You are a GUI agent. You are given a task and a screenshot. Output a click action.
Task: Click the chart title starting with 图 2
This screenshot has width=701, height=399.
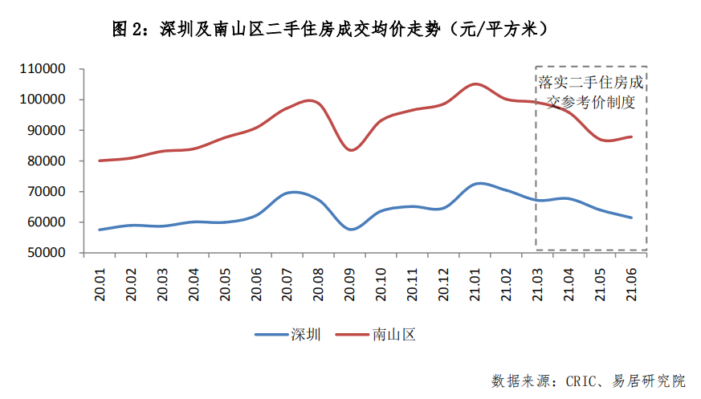pyautogui.click(x=330, y=29)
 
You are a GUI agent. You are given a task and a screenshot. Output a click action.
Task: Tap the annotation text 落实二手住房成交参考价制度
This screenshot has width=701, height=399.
pyautogui.click(x=591, y=92)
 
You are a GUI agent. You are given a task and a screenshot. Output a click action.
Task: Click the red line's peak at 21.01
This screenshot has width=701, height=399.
pyautogui.click(x=476, y=83)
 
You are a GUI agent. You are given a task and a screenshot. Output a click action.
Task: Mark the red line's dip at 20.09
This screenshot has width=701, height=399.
pyautogui.click(x=351, y=150)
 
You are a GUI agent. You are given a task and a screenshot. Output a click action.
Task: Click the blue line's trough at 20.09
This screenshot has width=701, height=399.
pyautogui.click(x=351, y=230)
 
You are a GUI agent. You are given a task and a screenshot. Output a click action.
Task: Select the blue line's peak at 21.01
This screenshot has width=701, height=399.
pyautogui.click(x=478, y=184)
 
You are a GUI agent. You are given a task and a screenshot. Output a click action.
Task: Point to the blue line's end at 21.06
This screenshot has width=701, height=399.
pyautogui.click(x=633, y=218)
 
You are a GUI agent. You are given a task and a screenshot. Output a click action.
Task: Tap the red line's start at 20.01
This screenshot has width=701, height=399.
pyautogui.click(x=100, y=161)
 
